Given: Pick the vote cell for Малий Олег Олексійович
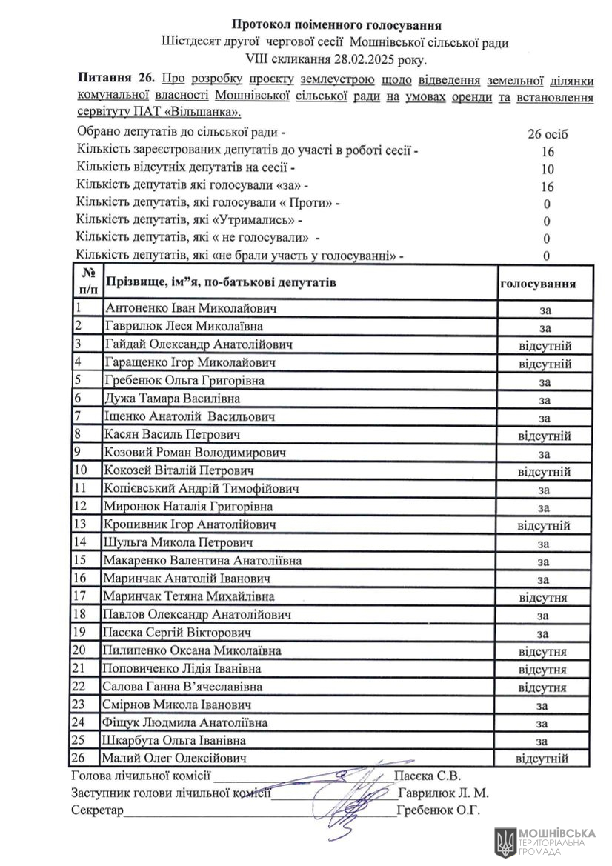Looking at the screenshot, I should click(542, 759).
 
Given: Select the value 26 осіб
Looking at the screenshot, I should click(548, 134).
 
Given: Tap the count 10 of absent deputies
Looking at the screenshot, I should click(548, 169).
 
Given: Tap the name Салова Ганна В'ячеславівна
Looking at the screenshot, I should click(183, 687).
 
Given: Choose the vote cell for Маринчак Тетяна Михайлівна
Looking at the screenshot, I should click(543, 596).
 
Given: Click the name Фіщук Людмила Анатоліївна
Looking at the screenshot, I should click(186, 722).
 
